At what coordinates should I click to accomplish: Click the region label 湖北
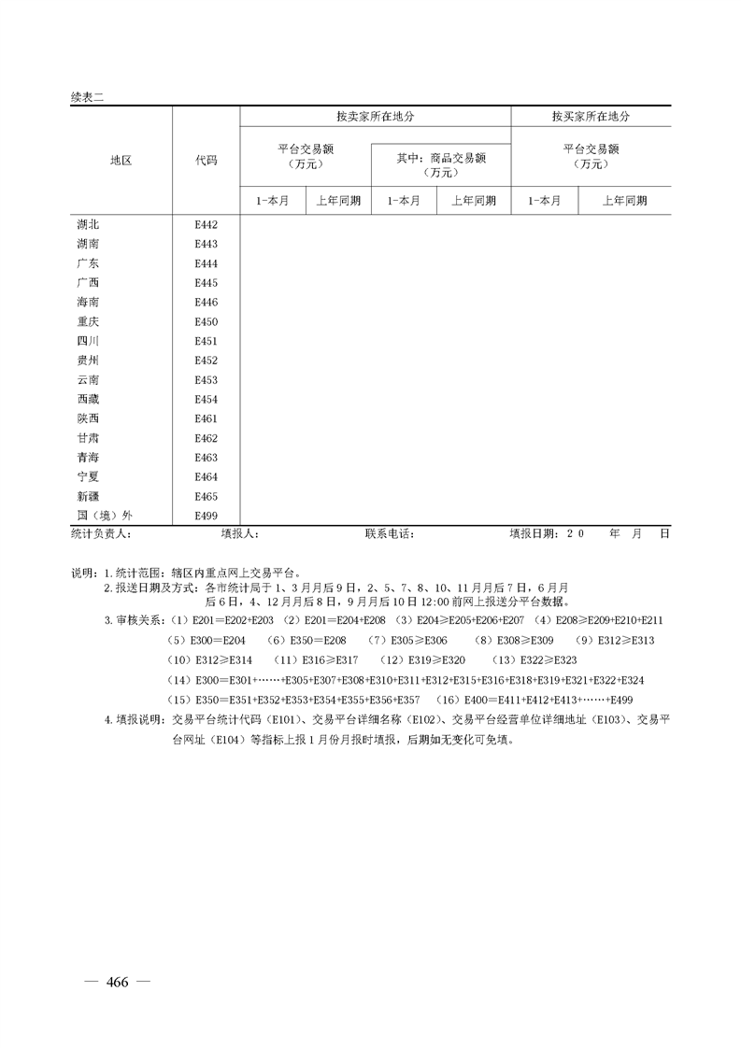(x=88, y=225)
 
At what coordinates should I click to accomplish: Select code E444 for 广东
(x=206, y=263)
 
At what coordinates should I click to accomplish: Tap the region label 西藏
(x=88, y=399)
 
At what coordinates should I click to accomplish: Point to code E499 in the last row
(x=206, y=516)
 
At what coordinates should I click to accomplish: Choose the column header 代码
(x=206, y=161)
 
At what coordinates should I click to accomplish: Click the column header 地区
(x=121, y=161)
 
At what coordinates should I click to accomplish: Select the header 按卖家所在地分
(x=375, y=117)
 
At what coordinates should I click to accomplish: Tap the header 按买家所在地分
(x=591, y=117)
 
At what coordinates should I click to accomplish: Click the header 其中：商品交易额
(x=441, y=158)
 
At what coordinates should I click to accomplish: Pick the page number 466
(x=117, y=981)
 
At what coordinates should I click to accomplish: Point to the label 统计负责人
(x=100, y=534)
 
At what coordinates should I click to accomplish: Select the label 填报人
(x=239, y=534)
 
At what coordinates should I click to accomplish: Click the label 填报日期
(x=534, y=534)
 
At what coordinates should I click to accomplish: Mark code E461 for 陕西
(x=206, y=418)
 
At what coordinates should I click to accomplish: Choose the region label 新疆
(x=88, y=496)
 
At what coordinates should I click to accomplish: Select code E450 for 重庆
(x=206, y=321)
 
